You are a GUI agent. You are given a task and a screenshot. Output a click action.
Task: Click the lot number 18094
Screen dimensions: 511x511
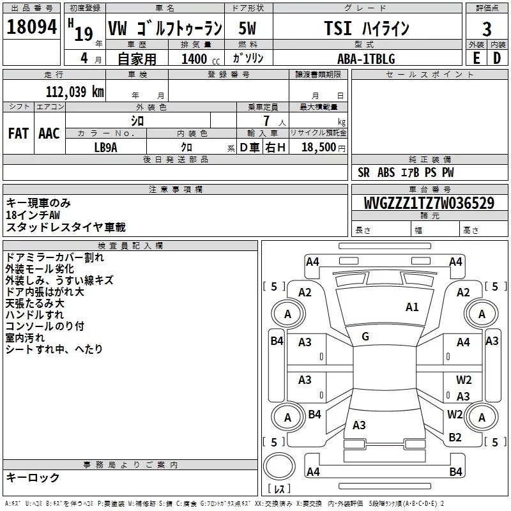pos(31,27)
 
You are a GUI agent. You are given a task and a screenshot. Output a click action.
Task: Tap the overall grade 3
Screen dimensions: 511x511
pos(487,29)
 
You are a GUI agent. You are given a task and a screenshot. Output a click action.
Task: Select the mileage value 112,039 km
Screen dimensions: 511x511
pos(75,92)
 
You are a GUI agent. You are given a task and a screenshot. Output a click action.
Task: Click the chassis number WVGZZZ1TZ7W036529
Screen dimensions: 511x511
pos(429,203)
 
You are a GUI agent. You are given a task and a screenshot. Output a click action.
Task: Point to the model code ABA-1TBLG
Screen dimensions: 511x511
pos(366,59)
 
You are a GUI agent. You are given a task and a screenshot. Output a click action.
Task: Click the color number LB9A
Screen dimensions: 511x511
pos(105,148)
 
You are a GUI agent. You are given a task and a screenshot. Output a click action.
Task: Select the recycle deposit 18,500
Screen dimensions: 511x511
pos(319,147)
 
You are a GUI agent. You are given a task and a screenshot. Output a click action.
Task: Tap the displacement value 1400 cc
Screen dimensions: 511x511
pos(201,59)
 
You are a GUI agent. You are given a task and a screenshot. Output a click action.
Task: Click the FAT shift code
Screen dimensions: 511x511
pos(19,133)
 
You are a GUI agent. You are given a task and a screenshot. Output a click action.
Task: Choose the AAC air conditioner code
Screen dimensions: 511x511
pos(49,133)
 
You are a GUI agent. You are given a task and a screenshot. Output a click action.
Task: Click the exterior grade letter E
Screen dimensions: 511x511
pos(476,58)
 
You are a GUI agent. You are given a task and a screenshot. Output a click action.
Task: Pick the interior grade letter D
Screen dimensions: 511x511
pos(497,58)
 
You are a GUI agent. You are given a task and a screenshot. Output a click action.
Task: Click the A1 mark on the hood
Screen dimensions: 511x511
pos(412,307)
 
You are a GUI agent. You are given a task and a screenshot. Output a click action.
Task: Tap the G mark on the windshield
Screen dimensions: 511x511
pos(365,337)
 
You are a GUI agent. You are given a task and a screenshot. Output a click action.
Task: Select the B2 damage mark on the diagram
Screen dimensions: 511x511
pos(455,438)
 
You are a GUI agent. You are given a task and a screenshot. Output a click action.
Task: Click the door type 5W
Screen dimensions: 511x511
pos(247,28)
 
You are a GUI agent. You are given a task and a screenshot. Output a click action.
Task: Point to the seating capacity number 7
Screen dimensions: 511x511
pos(266,121)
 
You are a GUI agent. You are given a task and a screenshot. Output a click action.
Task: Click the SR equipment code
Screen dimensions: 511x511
pos(363,172)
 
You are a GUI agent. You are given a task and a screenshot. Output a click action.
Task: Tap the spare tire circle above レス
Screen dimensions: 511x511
pos(279,467)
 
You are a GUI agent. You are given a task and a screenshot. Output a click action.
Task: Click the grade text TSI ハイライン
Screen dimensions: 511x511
pos(367,28)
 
